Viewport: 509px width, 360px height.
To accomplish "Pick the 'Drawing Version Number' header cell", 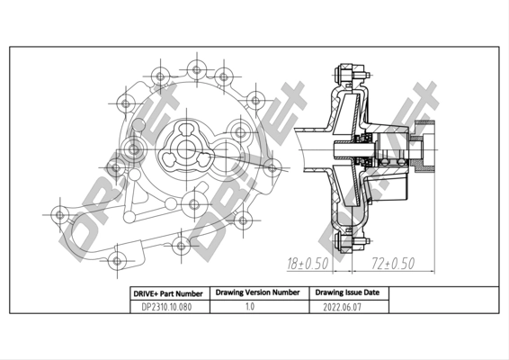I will tap(257, 292).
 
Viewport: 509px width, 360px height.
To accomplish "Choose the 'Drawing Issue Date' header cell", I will tap(346, 292).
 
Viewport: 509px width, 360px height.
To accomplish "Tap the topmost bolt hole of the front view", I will tap(194, 67).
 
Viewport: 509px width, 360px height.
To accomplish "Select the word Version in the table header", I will tap(256, 292).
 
